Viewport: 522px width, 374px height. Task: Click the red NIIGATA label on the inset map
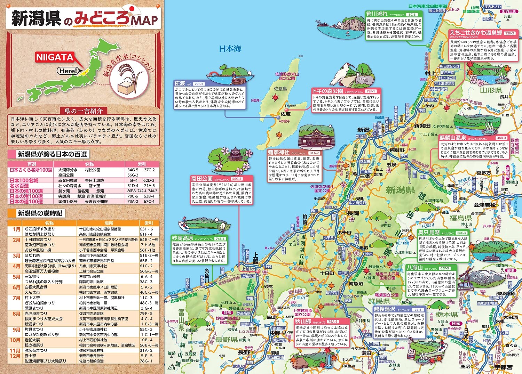tap(55, 57)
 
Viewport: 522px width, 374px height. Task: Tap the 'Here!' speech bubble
tap(68, 71)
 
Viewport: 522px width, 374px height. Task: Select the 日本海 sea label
tap(230, 49)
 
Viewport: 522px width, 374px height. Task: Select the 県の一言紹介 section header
tap(84, 111)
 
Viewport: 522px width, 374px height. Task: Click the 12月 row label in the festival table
tap(15, 356)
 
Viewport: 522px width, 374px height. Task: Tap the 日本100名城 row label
tap(24, 180)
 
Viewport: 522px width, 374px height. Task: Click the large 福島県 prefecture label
tap(460, 218)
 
